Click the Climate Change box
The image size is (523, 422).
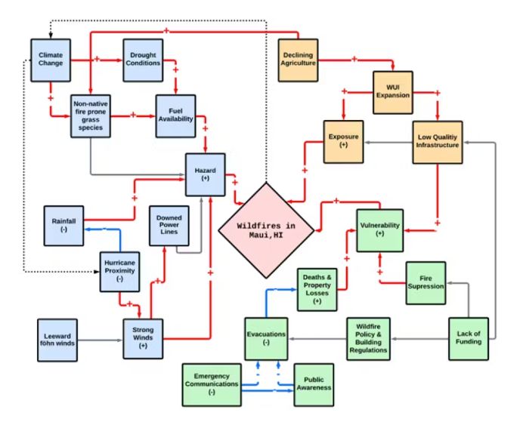click(x=51, y=58)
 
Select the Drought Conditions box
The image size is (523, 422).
click(x=143, y=58)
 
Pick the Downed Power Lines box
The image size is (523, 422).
click(x=169, y=224)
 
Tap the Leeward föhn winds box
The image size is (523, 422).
click(x=61, y=339)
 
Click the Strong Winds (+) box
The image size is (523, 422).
click(x=143, y=339)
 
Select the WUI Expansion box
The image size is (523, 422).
click(x=392, y=91)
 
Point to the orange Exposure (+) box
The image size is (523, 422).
click(x=343, y=142)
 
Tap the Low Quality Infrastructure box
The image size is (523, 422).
click(x=438, y=142)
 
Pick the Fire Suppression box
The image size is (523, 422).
click(x=426, y=282)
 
